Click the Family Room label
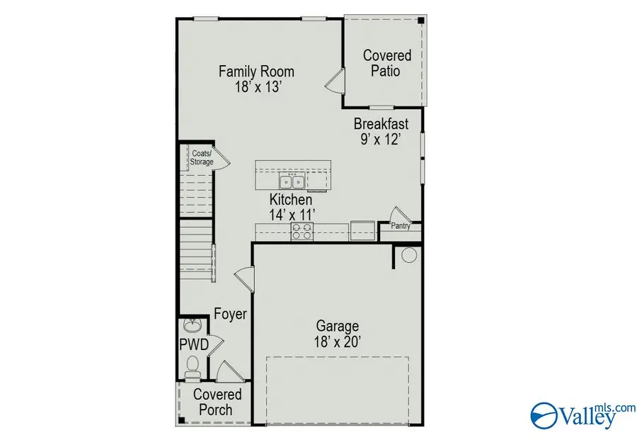point(256,72)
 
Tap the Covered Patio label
point(386,63)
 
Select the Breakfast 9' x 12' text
point(381,131)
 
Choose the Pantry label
point(401,226)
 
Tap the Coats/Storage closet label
point(202,158)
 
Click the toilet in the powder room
point(192,367)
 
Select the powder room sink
point(193,325)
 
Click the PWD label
point(194,345)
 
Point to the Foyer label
point(230,314)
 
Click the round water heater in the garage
point(409,255)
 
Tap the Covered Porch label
point(217,402)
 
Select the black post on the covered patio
point(421,21)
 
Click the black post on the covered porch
point(182,420)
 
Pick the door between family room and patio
point(335,81)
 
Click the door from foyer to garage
point(245,278)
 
